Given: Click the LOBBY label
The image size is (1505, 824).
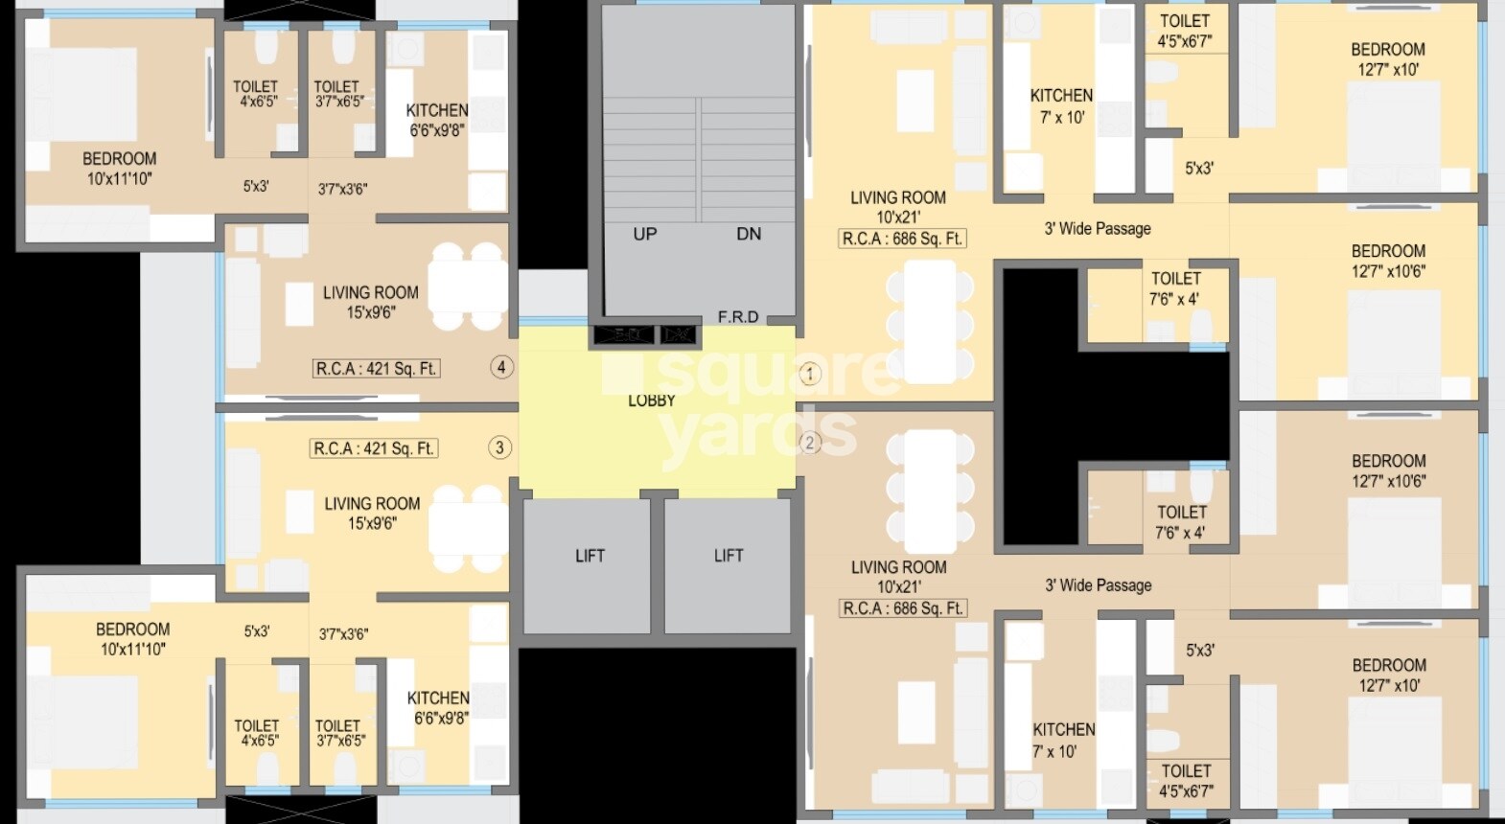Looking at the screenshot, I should pos(652,401).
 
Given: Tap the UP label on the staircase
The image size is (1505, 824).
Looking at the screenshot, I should pos(645,234).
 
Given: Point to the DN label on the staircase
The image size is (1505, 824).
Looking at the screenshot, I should pos(749,234).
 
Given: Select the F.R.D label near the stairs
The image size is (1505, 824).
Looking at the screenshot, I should pos(738,317).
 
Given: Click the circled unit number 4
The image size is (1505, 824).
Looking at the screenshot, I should pos(501,367).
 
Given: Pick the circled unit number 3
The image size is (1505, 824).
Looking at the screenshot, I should pos(499,447).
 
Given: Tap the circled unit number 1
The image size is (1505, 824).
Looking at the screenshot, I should pos(810,374).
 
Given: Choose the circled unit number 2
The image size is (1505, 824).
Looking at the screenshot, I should pos(810,443).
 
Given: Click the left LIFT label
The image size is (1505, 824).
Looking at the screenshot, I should pos(590,556).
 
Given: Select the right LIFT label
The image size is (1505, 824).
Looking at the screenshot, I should pos(729,556).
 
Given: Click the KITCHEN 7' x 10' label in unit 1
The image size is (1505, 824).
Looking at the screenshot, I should pos(1061,106).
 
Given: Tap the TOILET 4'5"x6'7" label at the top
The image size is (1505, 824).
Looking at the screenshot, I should pos(1185,31).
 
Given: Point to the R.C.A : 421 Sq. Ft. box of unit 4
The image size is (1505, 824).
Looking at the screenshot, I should pos(377,368).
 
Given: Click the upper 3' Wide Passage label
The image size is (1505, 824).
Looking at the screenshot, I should pos(1098,229).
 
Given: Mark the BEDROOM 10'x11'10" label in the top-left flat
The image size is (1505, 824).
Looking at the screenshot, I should pos(119,169).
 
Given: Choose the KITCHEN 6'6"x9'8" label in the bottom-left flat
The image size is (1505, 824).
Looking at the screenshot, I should pos(439,708).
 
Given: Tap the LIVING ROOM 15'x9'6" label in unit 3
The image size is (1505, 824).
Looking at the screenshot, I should pos(372,514).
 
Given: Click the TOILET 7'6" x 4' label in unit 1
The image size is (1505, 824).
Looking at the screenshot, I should pos(1175,288).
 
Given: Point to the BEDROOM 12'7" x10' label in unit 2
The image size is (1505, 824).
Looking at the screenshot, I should pos(1389,675).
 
